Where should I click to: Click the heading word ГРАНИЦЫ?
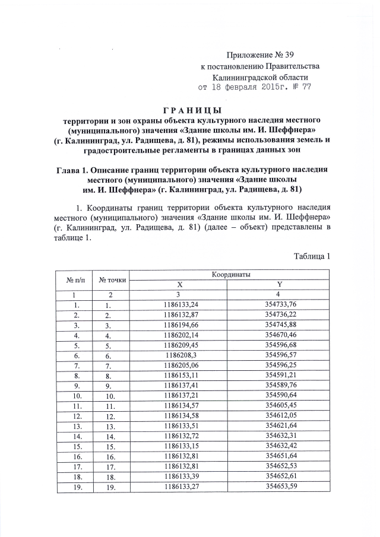click(192, 110)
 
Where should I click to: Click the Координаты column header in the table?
click(229, 275)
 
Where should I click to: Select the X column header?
click(180, 284)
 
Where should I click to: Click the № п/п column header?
click(74, 279)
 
